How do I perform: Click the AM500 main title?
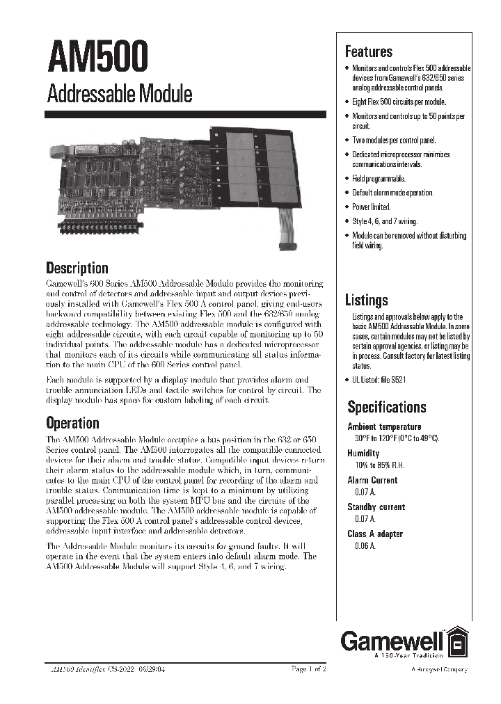[x=97, y=58]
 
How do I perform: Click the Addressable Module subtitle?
[x=119, y=94]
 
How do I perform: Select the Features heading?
[x=369, y=51]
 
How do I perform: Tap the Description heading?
[x=77, y=268]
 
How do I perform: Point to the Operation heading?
[x=72, y=423]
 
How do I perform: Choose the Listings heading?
[x=367, y=301]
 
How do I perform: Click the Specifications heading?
[x=388, y=407]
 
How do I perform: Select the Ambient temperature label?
[x=384, y=426]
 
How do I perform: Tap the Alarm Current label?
[x=372, y=480]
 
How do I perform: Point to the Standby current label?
[x=376, y=507]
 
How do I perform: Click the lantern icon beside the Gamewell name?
[x=456, y=640]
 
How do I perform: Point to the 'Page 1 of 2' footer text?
[x=308, y=669]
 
